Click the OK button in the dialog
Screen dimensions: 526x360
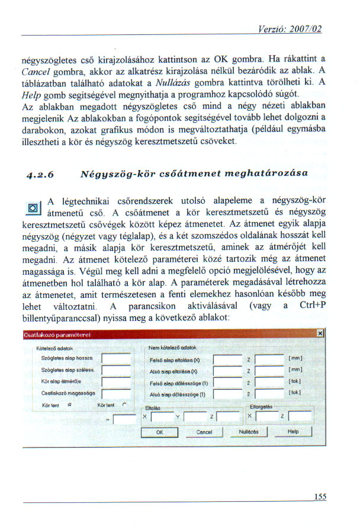(x=159, y=432)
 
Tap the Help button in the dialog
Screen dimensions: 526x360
(x=292, y=432)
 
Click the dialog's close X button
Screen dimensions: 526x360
(x=320, y=334)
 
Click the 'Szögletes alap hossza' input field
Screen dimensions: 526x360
(x=116, y=359)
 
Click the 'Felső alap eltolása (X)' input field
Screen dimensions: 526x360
(x=226, y=359)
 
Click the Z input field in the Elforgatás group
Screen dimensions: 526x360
(x=298, y=417)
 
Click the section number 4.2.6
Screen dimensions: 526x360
(x=40, y=175)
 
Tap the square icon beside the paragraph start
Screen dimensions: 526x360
(x=33, y=208)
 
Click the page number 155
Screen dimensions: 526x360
(x=320, y=497)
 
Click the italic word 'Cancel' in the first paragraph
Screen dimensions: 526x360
(x=34, y=72)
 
